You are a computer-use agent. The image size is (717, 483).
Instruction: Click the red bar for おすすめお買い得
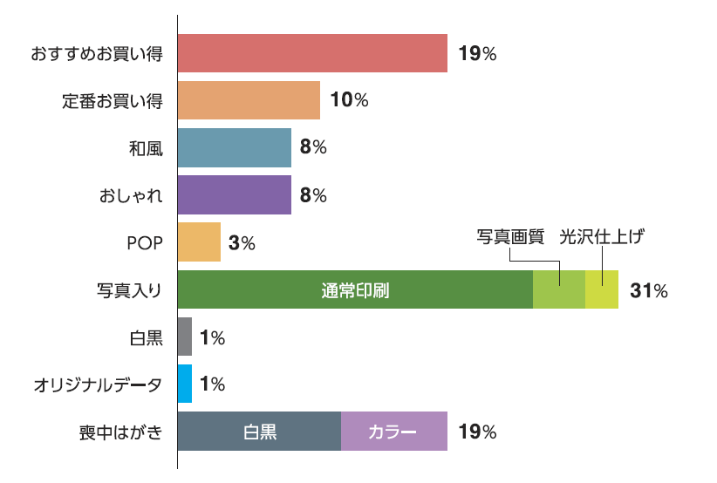click(312, 53)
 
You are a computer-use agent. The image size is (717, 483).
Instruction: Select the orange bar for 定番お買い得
click(249, 100)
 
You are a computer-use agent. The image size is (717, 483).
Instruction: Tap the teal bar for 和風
click(234, 147)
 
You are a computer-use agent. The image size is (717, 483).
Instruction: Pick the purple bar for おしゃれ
click(234, 194)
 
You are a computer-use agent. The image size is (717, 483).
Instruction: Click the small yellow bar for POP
click(199, 241)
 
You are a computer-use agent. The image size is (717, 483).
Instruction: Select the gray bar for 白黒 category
click(184, 337)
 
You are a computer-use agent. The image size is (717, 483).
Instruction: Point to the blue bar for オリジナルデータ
click(184, 384)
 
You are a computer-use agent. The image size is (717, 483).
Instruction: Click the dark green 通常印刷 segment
click(355, 289)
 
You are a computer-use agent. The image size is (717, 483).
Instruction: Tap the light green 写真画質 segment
click(558, 289)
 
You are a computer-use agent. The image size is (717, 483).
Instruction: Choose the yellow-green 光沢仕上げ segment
click(601, 289)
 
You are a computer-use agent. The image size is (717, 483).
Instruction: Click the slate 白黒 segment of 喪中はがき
click(259, 431)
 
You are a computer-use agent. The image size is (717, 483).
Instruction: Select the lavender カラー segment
click(393, 431)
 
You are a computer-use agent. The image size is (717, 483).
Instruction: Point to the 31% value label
click(649, 290)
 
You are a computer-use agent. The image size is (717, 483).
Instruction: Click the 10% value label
click(349, 100)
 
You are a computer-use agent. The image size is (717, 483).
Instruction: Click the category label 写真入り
click(129, 290)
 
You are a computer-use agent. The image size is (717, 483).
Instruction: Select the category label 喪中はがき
click(120, 432)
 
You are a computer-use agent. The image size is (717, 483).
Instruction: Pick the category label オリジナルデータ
click(98, 384)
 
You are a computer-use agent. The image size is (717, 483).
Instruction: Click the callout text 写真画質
click(510, 236)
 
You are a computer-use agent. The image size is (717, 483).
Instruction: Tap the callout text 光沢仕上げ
click(602, 236)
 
